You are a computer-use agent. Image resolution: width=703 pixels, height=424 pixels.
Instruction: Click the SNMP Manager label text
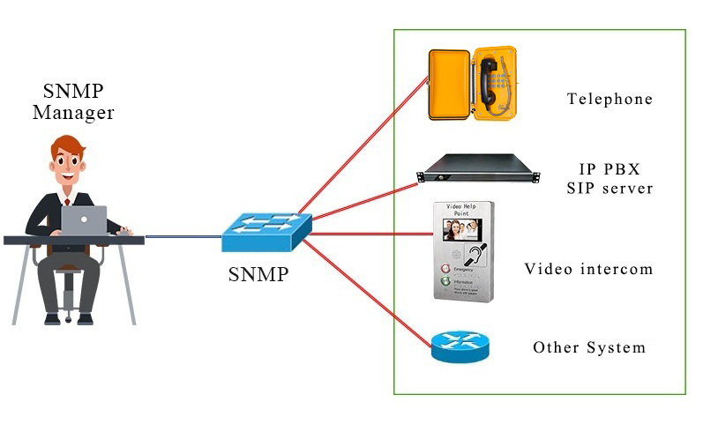coord(73,101)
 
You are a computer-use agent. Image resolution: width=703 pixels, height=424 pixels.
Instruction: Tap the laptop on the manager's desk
coord(84,219)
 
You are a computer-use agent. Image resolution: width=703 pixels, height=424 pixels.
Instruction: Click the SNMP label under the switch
coord(258,274)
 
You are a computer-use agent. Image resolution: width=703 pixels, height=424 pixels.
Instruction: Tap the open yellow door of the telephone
coord(448,85)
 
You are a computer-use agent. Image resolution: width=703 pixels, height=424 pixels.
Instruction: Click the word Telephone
coord(610,99)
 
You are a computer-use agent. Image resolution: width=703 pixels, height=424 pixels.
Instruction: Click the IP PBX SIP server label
coord(610,178)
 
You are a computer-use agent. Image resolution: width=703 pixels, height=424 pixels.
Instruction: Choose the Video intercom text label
coord(588,268)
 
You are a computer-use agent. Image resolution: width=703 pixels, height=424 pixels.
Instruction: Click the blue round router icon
coord(460,345)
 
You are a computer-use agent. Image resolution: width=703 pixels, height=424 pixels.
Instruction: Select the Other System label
coord(588,347)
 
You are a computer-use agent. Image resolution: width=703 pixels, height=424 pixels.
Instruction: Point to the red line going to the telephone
coord(362,150)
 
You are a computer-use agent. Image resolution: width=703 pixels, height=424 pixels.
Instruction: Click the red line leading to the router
coord(370,291)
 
